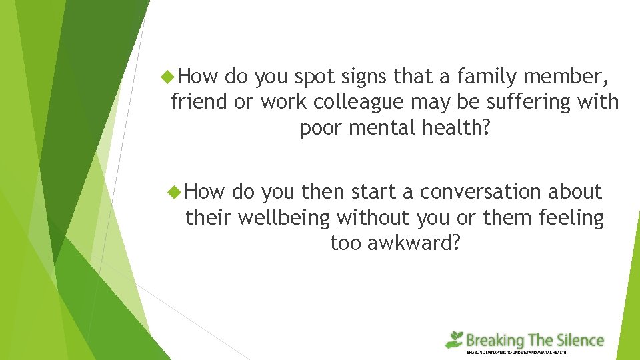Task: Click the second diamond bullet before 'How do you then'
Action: (176, 192)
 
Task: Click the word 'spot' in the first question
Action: (318, 77)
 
